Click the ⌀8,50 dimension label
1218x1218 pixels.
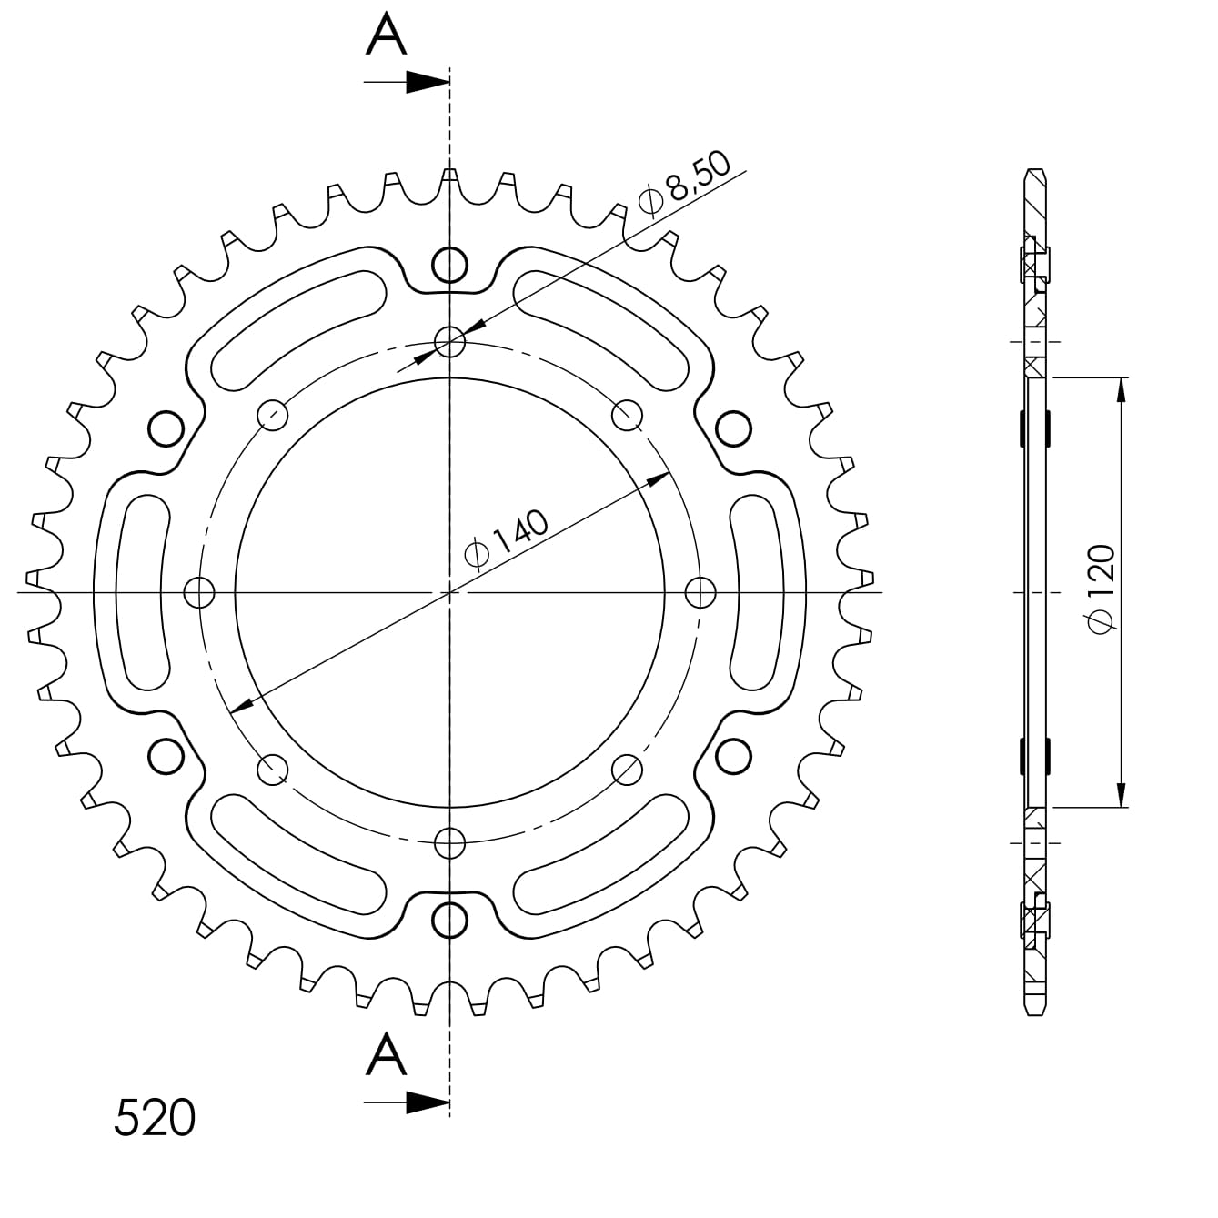point(685,184)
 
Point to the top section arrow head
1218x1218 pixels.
point(428,82)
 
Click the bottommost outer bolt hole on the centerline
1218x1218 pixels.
point(449,921)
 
